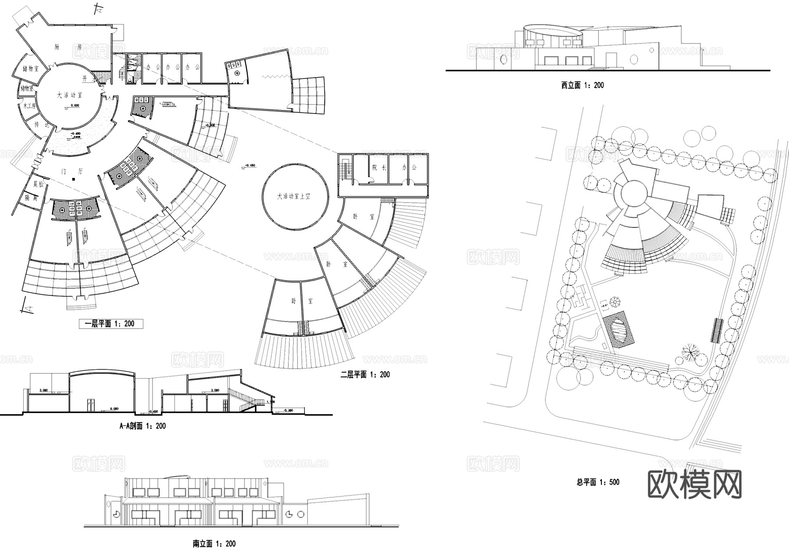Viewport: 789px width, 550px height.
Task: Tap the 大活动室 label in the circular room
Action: [69, 95]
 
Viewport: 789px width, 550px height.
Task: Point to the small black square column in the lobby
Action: [74, 179]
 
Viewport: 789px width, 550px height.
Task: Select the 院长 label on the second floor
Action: [378, 167]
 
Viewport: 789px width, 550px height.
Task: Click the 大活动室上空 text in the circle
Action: [293, 196]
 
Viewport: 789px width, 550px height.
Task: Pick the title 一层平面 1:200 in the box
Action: [111, 324]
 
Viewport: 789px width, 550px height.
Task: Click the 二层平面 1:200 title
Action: [365, 375]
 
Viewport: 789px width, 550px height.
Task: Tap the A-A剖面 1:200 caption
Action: [142, 426]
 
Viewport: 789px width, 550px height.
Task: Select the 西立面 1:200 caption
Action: [582, 85]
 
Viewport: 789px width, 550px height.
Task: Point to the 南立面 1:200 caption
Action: [214, 543]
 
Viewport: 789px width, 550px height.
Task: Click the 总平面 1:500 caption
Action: [598, 482]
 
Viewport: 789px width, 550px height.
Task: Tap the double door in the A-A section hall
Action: [91, 405]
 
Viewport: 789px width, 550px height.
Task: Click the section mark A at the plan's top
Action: [100, 7]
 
